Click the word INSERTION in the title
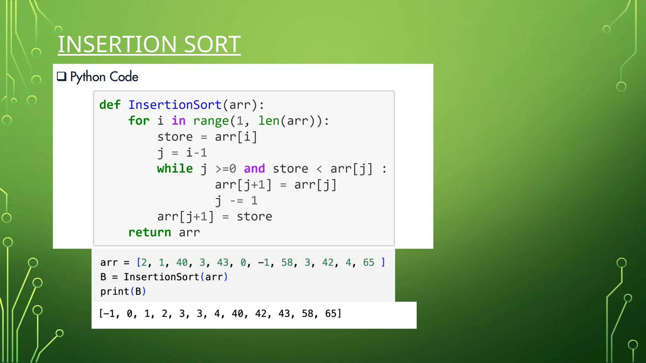[x=117, y=44]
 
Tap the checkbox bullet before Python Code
[x=62, y=77]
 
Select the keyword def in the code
[x=110, y=105]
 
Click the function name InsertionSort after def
[x=175, y=105]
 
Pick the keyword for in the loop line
[x=139, y=121]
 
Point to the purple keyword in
[x=179, y=121]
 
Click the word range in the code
[x=211, y=121]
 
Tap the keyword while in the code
[x=175, y=169]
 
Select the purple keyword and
[x=254, y=169]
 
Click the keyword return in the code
[x=150, y=232]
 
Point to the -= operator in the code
[x=237, y=201]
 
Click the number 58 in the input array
[x=287, y=262]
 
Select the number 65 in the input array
[x=368, y=262]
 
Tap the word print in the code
[x=115, y=291]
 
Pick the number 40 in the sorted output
[x=237, y=314]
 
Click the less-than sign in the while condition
[x=319, y=169]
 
